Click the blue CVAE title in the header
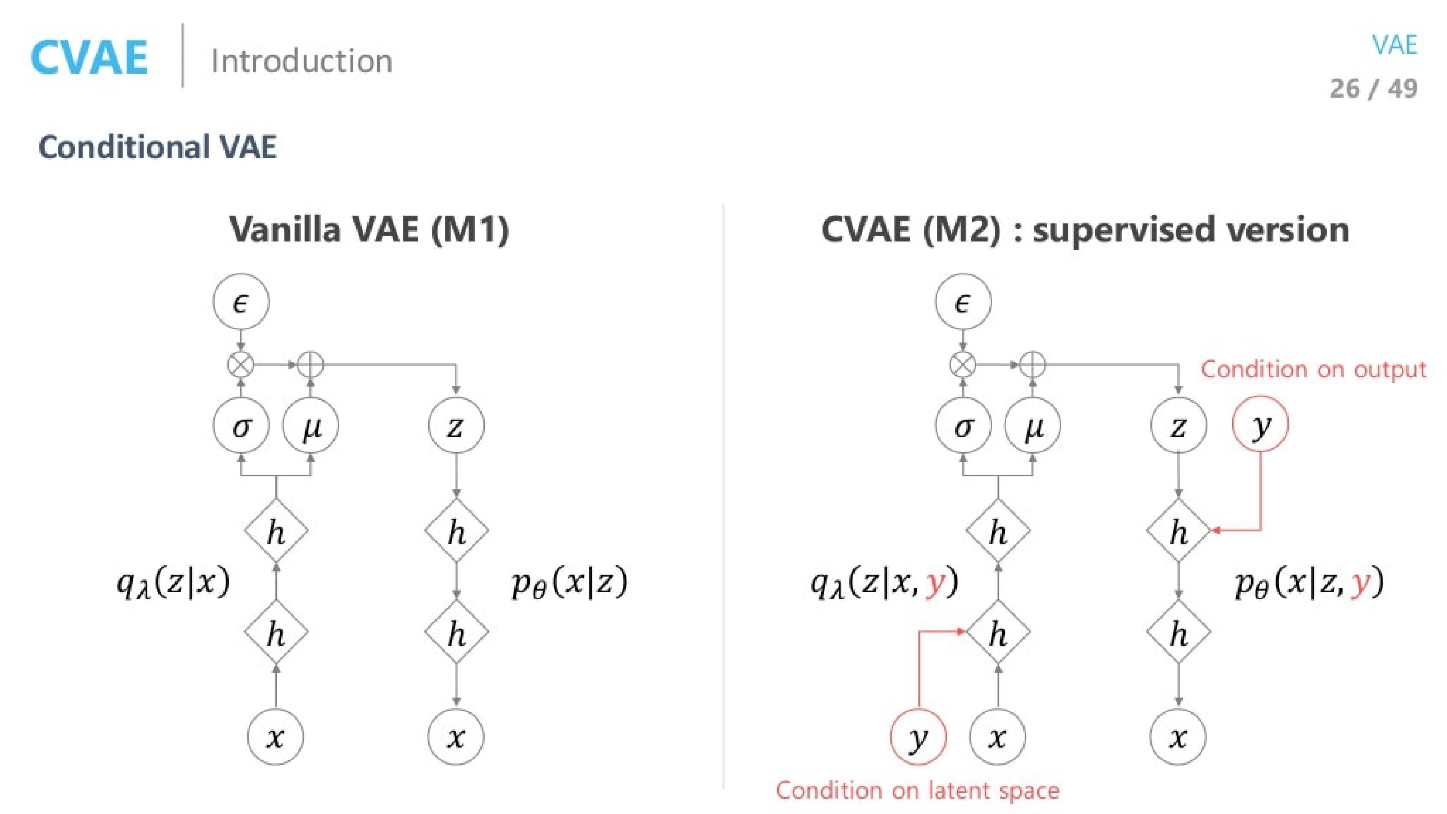pos(89,58)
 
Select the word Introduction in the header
pos(302,61)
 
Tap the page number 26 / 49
pos(1373,89)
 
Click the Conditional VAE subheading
pos(157,147)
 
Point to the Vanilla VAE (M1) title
pos(369,229)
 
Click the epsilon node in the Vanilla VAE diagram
pos(241,302)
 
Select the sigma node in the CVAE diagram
pos(963,426)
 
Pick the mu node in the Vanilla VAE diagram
pos(311,426)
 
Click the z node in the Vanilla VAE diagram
pos(455,426)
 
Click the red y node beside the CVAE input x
pos(918,737)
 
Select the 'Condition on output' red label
pos(1313,369)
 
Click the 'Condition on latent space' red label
pos(917,790)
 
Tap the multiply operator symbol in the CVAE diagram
pos(963,364)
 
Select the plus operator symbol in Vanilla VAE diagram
pos(311,364)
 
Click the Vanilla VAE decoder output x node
pos(455,737)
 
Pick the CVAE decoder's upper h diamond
pos(1178,530)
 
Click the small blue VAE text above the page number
pos(1394,45)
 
